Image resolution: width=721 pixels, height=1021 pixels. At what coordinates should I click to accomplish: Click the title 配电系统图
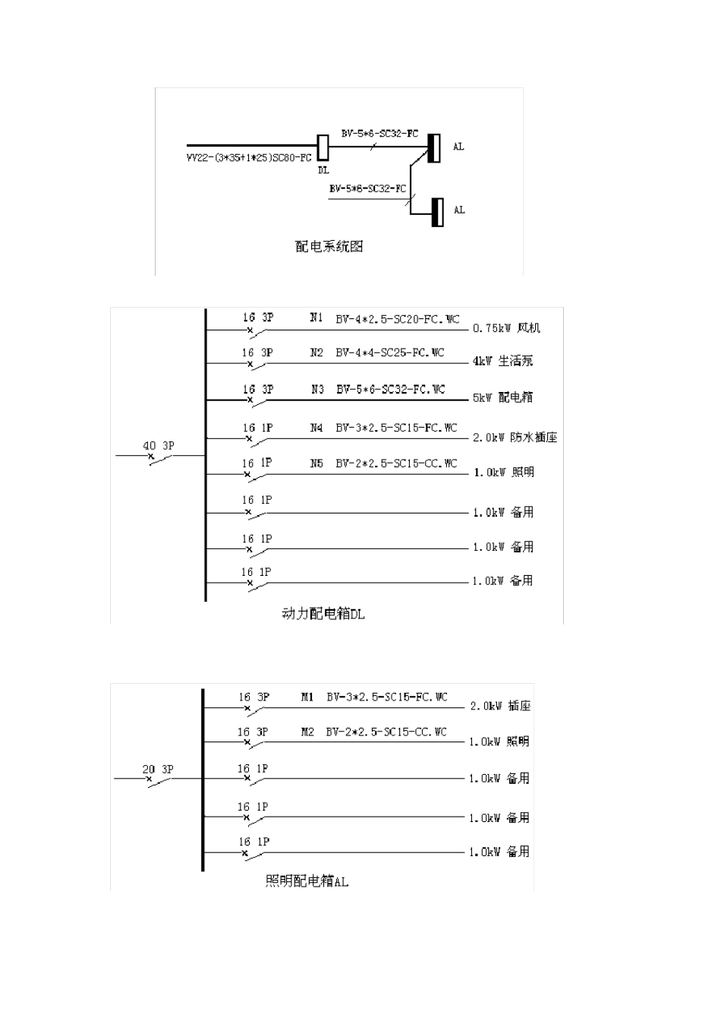pos(329,246)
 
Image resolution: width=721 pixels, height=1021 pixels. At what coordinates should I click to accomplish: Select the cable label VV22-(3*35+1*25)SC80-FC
pos(249,158)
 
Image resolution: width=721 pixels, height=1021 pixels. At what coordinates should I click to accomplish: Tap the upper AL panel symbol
pos(434,147)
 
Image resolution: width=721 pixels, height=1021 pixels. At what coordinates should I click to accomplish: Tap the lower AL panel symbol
pos(437,212)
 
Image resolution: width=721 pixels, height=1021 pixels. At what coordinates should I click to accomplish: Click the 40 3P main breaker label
pos(158,446)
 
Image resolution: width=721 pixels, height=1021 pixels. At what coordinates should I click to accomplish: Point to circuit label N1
pos(316,318)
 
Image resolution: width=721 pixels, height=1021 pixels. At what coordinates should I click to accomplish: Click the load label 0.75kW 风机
pos(506,328)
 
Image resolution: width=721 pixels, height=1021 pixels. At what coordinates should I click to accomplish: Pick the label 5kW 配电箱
pos(502,397)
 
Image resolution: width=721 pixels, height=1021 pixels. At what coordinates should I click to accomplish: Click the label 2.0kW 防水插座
pos(515,438)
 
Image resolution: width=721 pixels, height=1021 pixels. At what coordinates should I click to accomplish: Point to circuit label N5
pos(316,463)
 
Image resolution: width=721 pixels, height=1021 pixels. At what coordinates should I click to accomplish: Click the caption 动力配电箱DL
pos(323,614)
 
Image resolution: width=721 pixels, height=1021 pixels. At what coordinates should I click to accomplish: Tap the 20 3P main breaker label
pos(158,770)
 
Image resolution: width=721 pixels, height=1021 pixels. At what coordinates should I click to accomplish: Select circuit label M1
pos(307,697)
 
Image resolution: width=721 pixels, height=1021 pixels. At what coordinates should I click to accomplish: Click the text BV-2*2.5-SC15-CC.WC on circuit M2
pos(386,732)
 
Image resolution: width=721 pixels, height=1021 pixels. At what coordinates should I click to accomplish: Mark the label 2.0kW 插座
pos(500,706)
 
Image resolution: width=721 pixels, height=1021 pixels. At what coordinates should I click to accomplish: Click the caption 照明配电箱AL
pos(307,881)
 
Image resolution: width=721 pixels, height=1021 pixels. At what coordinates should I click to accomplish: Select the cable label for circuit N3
pos(390,390)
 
